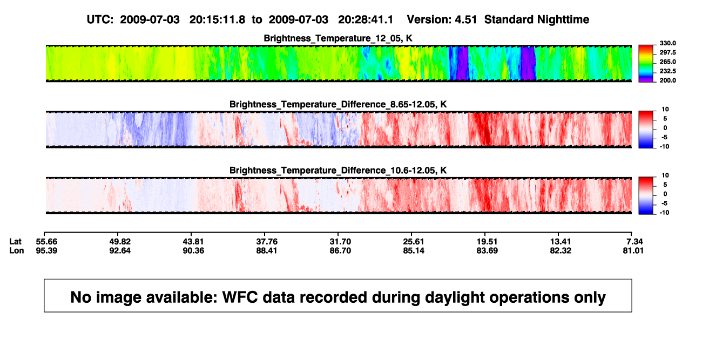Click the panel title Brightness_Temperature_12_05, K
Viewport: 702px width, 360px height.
[x=338, y=38]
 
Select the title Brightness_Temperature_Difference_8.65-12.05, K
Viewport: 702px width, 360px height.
[x=338, y=104]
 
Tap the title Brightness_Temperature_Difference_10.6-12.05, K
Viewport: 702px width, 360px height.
[x=338, y=171]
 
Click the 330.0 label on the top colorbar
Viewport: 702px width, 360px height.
[x=667, y=43]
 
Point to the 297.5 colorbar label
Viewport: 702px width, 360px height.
[x=667, y=52]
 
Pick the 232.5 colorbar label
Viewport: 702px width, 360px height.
[x=667, y=71]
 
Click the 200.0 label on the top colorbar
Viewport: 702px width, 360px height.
[x=667, y=80]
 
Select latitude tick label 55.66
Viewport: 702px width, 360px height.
[x=46, y=242]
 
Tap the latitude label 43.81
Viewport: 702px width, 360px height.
[x=193, y=242]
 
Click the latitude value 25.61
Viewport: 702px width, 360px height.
[x=414, y=242]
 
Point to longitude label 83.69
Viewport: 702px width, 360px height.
[x=487, y=250]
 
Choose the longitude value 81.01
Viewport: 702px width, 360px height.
[x=633, y=250]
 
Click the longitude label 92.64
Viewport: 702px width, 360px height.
[x=120, y=250]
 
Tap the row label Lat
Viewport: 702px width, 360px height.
[x=15, y=242]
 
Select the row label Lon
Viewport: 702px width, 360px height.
[x=17, y=250]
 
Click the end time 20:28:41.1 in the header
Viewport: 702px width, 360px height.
[x=366, y=19]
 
